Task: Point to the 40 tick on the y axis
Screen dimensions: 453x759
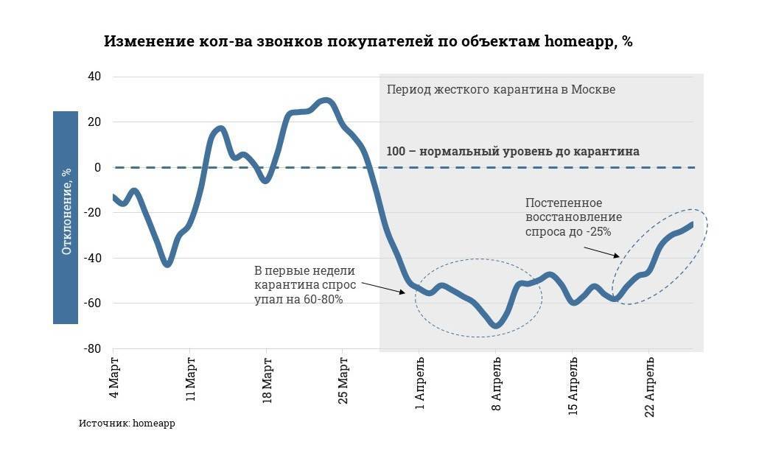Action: [x=94, y=77]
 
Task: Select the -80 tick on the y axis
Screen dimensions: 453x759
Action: [x=92, y=349]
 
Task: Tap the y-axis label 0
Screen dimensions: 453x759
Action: [x=97, y=167]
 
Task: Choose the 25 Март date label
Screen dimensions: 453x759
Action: [x=342, y=380]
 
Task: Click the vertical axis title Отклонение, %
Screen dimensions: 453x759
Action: [x=66, y=218]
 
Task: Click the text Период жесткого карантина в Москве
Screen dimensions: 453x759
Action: [x=500, y=90]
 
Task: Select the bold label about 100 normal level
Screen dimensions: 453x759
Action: [x=513, y=152]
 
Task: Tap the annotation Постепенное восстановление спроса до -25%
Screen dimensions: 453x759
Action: [x=573, y=217]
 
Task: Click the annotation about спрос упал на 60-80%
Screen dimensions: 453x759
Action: [x=305, y=284]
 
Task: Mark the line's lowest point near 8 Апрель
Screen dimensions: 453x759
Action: [x=496, y=325]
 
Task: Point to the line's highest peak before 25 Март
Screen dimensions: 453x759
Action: [x=326, y=101]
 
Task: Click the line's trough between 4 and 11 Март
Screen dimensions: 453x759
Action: [x=167, y=263]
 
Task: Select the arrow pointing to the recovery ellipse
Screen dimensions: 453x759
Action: [x=601, y=251]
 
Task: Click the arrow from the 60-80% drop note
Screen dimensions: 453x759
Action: [x=383, y=287]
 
